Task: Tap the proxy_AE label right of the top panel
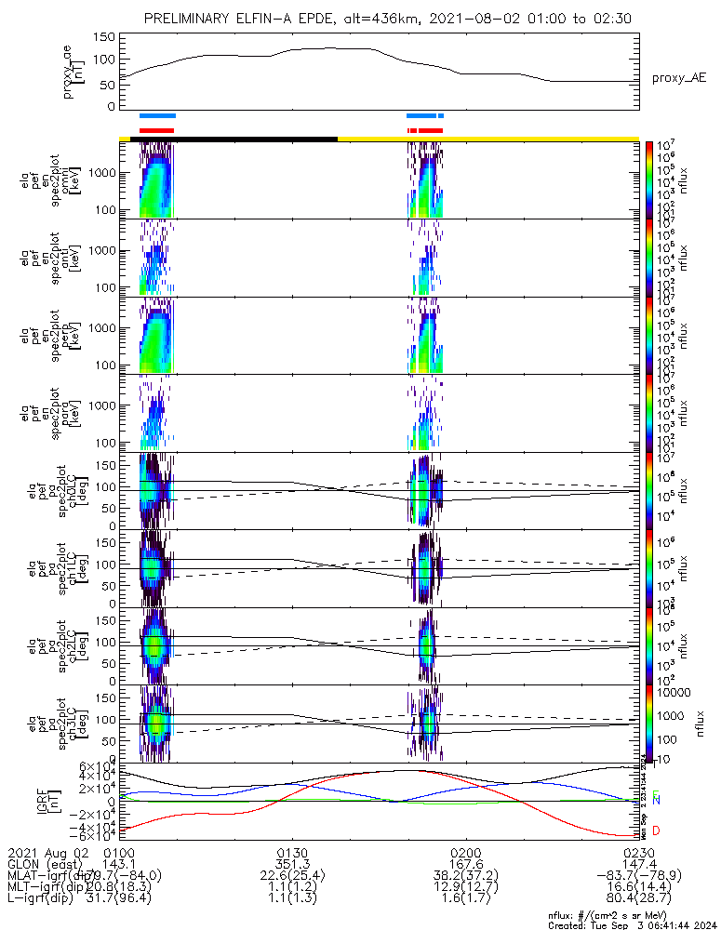[678, 78]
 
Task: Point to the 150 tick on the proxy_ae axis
[104, 37]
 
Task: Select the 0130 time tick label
[293, 852]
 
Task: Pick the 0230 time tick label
[638, 852]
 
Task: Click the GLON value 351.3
[293, 864]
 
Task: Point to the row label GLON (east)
[47, 864]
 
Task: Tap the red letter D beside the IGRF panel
[657, 830]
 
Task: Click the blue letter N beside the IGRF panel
[657, 800]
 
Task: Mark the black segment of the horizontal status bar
[234, 139]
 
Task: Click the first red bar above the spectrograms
[156, 130]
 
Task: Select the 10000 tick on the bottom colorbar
[673, 693]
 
